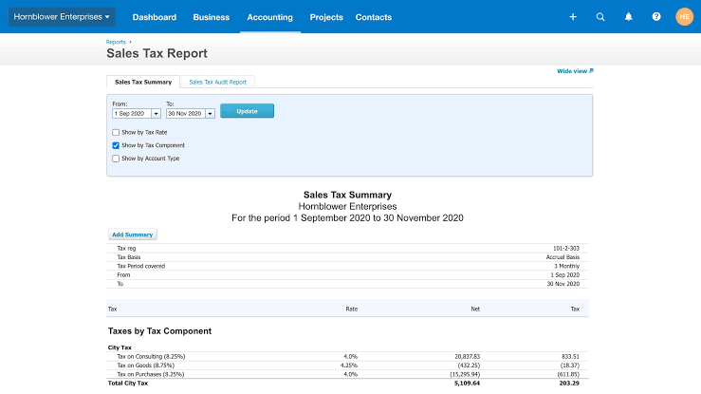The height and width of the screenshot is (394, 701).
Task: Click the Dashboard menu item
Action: tap(155, 17)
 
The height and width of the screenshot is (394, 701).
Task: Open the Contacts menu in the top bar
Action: tap(374, 17)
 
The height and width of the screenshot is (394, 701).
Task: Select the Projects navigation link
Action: tap(326, 17)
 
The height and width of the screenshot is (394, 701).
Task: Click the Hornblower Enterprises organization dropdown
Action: tap(63, 17)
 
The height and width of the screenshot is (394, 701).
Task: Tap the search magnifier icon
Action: tap(600, 17)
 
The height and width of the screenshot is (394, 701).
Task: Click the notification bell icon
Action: tap(628, 17)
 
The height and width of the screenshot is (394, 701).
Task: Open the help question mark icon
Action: tap(656, 17)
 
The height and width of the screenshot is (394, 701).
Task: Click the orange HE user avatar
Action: tap(684, 17)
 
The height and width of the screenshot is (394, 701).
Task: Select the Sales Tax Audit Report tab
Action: tap(217, 82)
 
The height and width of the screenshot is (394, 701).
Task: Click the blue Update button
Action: tap(247, 111)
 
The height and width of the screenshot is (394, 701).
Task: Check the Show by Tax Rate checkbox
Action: tap(116, 132)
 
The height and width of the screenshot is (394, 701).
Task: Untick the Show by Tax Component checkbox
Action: tap(116, 145)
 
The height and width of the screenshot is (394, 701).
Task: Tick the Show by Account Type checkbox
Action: tap(116, 159)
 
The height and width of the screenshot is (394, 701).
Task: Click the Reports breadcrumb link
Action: tap(116, 42)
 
